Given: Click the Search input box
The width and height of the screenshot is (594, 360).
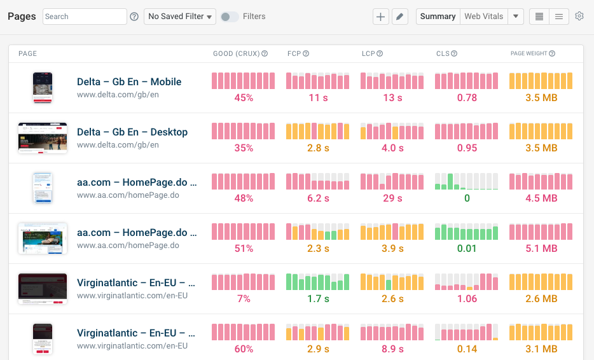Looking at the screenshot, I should [85, 17].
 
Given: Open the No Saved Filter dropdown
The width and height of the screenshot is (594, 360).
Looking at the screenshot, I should [180, 17].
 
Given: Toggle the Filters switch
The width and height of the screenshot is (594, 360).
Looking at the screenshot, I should [230, 17].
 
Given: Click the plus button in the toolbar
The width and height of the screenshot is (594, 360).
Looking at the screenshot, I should [381, 17].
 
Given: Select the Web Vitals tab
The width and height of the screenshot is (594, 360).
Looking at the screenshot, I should [483, 17].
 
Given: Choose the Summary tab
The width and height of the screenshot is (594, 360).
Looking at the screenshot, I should [438, 17].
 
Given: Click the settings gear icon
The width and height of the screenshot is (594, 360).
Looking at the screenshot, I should [579, 17].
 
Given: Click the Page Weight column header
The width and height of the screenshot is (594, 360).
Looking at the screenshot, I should [528, 53].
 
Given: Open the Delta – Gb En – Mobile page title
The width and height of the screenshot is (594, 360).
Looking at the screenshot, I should [129, 81].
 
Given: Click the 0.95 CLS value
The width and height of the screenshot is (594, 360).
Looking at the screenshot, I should [467, 148].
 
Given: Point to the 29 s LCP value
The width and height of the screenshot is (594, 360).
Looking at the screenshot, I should [392, 198].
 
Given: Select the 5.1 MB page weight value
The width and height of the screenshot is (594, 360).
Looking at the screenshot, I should [541, 249].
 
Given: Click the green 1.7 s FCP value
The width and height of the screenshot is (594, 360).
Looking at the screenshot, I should [318, 299].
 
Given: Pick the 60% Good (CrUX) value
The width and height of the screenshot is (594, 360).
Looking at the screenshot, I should [244, 349].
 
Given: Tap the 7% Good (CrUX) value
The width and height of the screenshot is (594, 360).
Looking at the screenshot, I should [244, 299].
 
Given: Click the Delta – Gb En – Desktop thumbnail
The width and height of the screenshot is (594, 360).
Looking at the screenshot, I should [43, 138].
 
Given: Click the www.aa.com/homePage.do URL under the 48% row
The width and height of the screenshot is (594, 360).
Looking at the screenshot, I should [128, 195].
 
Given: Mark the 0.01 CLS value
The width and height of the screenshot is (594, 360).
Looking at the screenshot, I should [467, 249].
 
